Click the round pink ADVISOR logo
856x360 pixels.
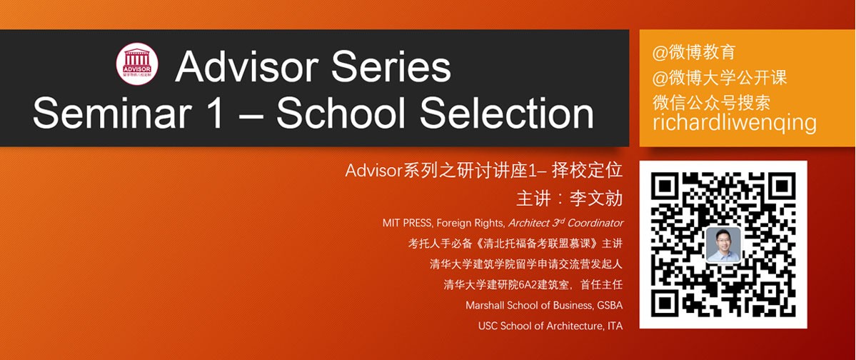point(137,64)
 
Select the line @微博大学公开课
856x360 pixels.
point(720,78)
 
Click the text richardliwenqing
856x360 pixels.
point(734,122)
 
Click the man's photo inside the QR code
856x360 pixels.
point(723,245)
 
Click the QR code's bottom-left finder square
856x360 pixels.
point(667,301)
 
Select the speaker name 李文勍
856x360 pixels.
point(598,199)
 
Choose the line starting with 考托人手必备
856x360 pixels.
point(515,244)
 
